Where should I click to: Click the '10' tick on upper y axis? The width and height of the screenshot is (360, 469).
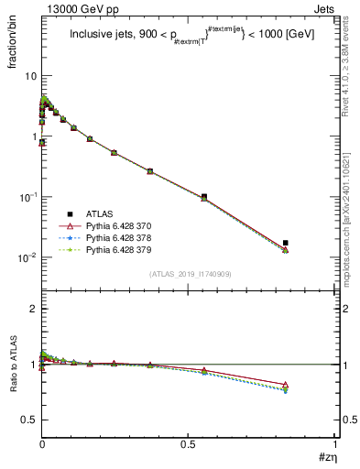(30, 76)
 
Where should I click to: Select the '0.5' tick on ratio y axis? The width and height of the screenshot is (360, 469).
(28, 420)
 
